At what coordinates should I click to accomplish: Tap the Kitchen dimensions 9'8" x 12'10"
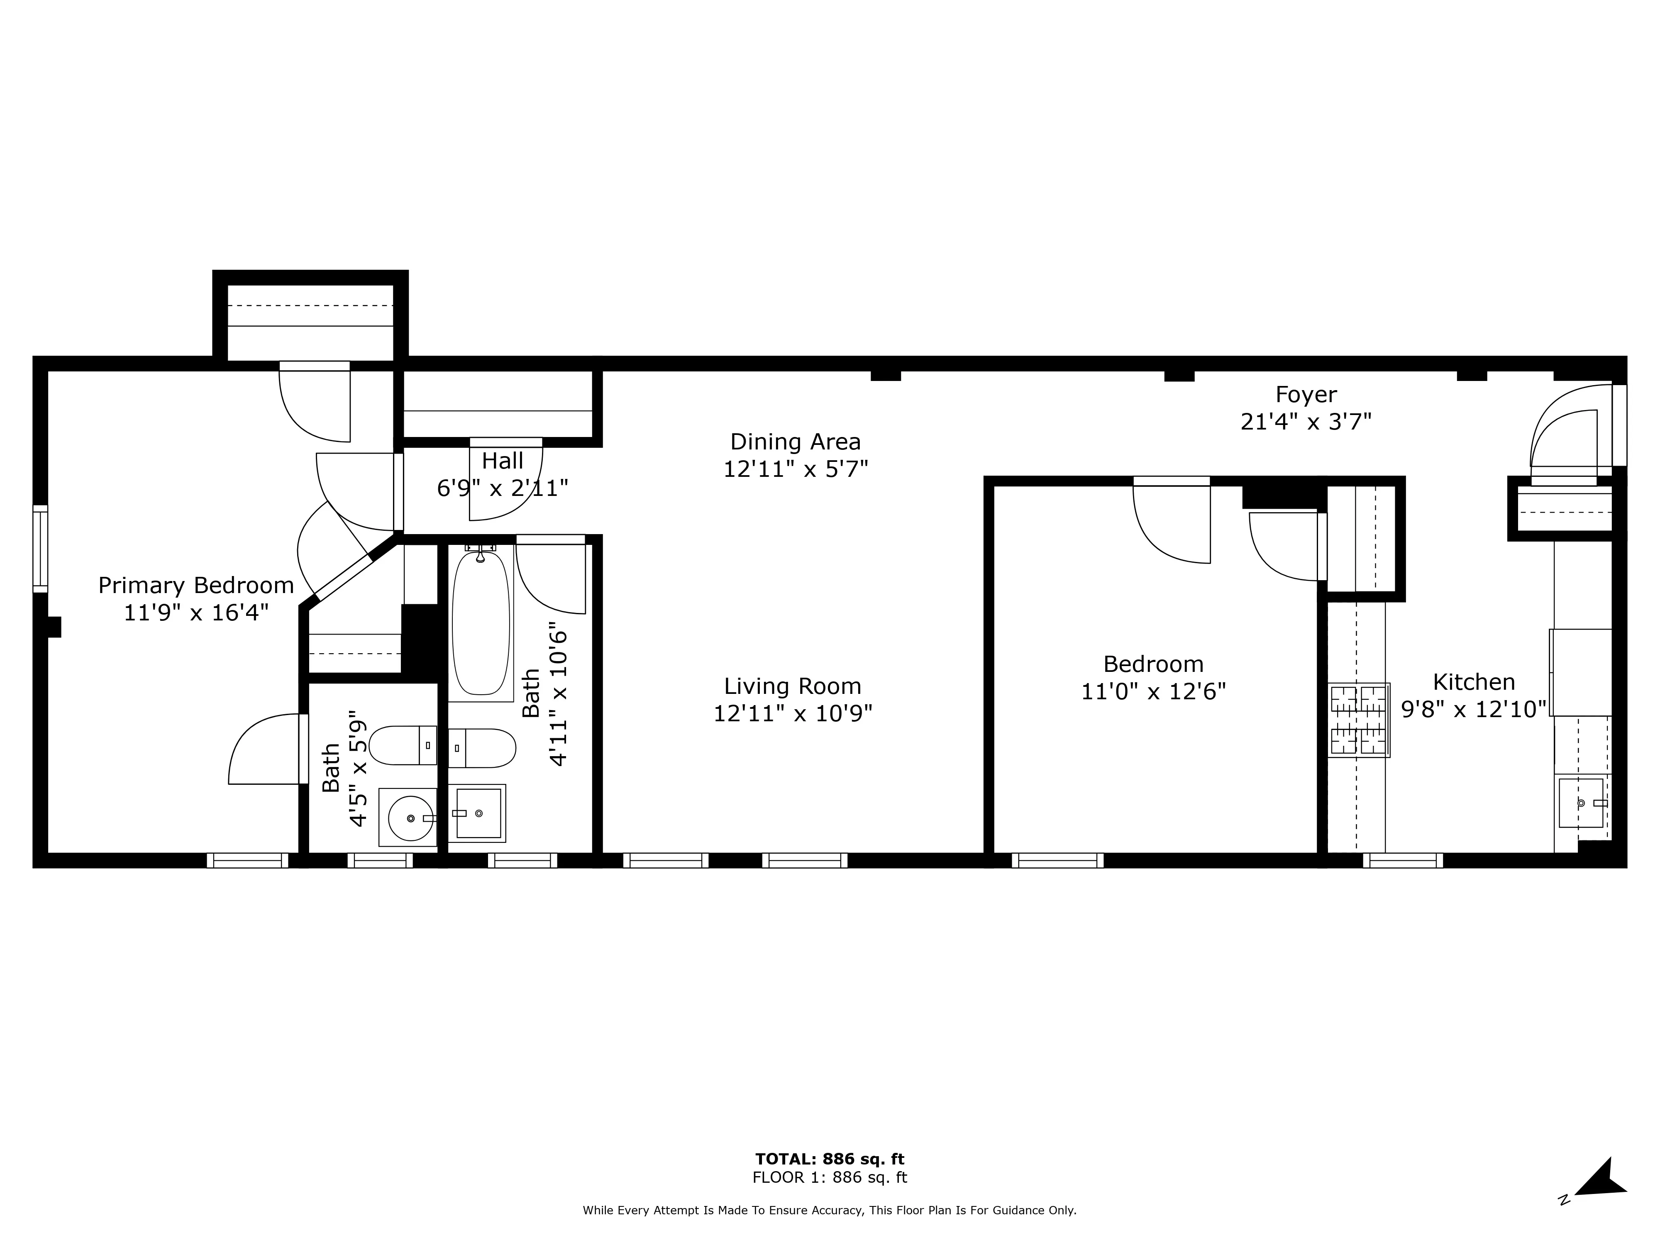[x=1473, y=709]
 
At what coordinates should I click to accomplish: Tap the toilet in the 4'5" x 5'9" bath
[x=403, y=745]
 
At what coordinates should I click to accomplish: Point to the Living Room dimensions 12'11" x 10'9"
[x=793, y=713]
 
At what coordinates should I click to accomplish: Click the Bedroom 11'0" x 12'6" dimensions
[x=1153, y=691]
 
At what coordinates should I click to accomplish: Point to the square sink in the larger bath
[x=478, y=813]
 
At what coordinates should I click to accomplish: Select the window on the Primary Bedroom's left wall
[x=40, y=549]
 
